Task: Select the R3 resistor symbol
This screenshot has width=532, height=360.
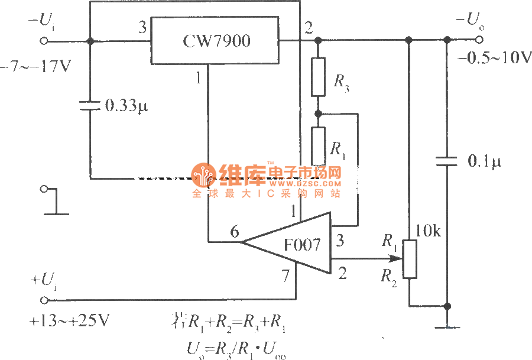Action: click(x=318, y=77)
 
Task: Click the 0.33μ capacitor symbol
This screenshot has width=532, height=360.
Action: click(x=90, y=106)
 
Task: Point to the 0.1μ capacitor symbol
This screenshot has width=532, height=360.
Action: click(x=447, y=161)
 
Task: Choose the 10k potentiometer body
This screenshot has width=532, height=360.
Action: click(x=409, y=259)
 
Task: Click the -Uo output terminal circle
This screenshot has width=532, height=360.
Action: click(x=479, y=40)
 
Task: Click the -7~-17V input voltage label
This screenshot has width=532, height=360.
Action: click(x=35, y=66)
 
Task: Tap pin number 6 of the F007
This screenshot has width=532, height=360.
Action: click(x=235, y=232)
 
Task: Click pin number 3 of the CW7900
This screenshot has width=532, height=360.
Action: click(x=142, y=27)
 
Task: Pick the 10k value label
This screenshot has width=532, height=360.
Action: click(x=428, y=231)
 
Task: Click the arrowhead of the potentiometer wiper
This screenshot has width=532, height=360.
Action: click(x=396, y=258)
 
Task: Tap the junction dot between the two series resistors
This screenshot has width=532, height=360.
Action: click(x=318, y=112)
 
